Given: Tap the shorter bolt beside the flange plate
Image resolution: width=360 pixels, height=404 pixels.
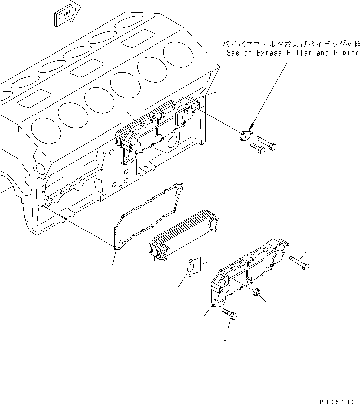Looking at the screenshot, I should pyautogui.click(x=257, y=146).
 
